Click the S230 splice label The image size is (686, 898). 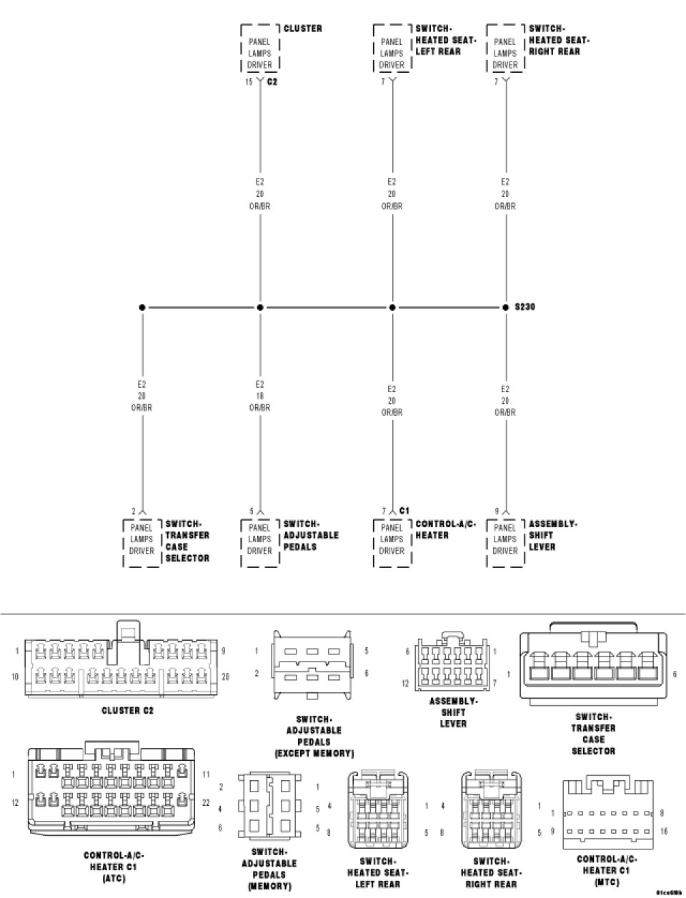[525, 307]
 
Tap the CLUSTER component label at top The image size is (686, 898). [302, 29]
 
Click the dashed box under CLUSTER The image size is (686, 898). [259, 49]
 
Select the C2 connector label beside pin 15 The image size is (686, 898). [272, 82]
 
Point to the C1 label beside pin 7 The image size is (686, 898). [404, 510]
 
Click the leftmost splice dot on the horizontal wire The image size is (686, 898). [143, 307]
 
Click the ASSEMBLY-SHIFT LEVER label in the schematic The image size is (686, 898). [552, 535]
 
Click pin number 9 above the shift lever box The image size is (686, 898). [497, 511]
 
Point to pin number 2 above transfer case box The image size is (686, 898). [133, 511]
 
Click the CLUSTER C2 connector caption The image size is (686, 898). [128, 711]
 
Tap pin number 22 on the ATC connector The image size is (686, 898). [206, 803]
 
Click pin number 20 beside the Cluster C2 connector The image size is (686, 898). [225, 676]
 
